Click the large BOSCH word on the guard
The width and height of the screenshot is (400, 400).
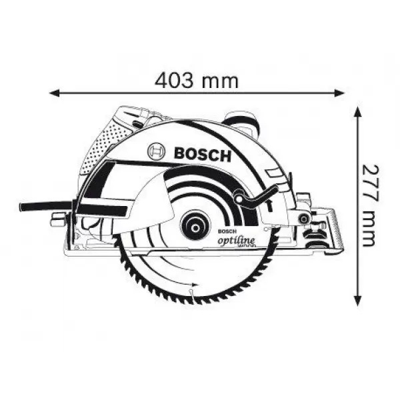click(202, 155)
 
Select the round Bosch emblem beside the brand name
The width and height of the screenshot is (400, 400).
click(156, 153)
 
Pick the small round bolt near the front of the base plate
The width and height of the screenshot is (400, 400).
click(304, 217)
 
